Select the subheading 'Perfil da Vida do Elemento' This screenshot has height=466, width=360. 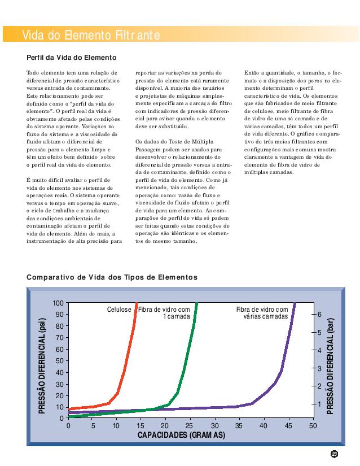pyautogui.click(x=72, y=58)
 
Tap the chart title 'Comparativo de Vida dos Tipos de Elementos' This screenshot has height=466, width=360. pyautogui.click(x=112, y=277)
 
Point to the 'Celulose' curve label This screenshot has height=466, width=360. pyautogui.click(x=119, y=310)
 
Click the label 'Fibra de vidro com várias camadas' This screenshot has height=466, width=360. pyautogui.click(x=262, y=313)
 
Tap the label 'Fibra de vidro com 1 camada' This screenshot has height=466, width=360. pyautogui.click(x=165, y=313)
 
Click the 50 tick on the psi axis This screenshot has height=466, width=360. pyautogui.click(x=59, y=360)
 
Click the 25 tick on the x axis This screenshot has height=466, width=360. pyautogui.click(x=190, y=425)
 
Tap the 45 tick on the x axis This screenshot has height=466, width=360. pyautogui.click(x=288, y=425)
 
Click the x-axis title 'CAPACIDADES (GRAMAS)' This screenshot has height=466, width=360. pyautogui.click(x=181, y=435)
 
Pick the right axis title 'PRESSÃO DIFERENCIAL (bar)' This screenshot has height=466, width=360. pyautogui.click(x=331, y=365)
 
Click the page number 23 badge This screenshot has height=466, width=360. pyautogui.click(x=335, y=454)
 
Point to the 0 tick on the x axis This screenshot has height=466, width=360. pyautogui.click(x=68, y=425)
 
